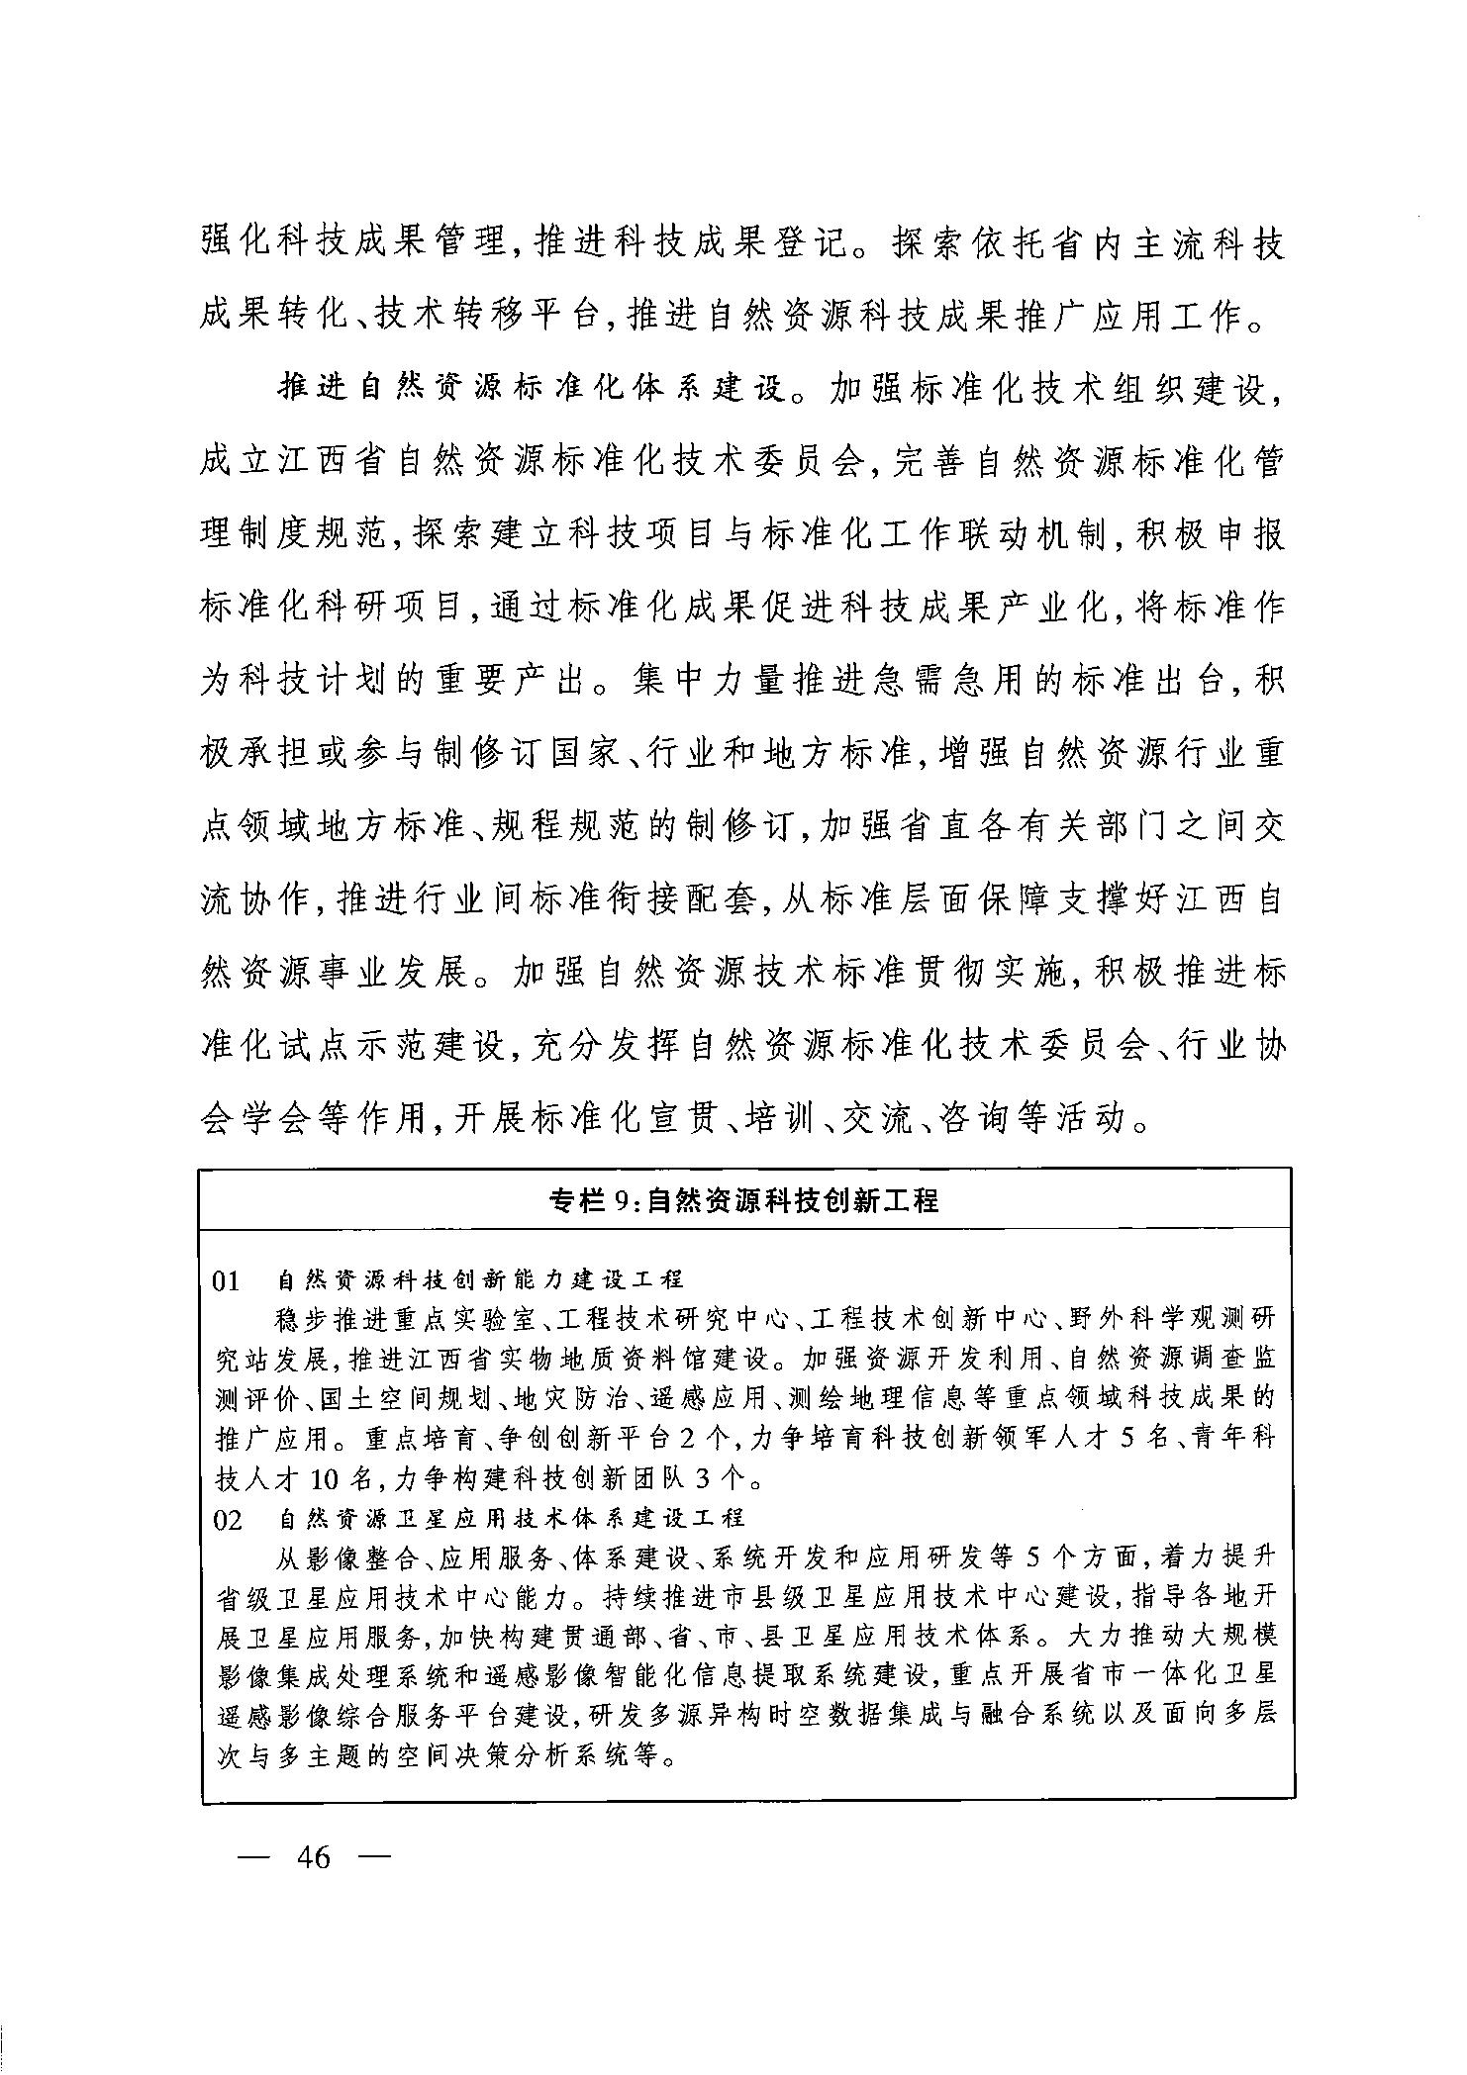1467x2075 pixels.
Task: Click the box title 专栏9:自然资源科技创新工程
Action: (x=743, y=1201)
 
